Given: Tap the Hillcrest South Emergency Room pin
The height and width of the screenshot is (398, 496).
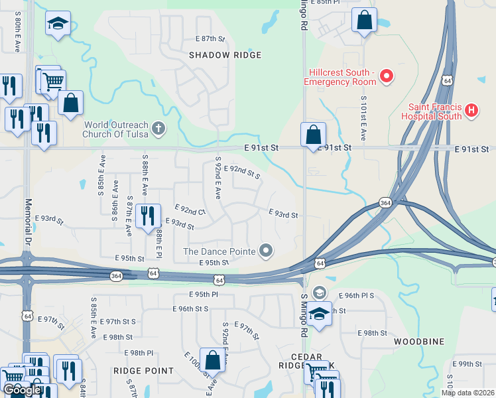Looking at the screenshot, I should (x=387, y=76).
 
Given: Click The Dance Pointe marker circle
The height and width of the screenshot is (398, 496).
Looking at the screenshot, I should (x=266, y=251).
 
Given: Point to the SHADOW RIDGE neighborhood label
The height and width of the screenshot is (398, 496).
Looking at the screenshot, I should (x=225, y=55).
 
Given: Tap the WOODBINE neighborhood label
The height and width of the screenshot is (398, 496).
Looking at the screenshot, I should (x=418, y=341).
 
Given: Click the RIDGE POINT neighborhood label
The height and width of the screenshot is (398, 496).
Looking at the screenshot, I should (x=143, y=371).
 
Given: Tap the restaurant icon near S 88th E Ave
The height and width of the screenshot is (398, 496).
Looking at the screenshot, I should (x=147, y=216).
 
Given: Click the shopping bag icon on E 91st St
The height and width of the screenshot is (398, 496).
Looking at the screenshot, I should (x=313, y=135).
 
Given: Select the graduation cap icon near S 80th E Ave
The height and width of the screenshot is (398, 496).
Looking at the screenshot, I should (x=58, y=24).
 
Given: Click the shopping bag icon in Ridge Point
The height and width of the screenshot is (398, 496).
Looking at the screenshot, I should (x=213, y=362).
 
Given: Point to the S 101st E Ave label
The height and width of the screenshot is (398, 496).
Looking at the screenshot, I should (x=363, y=117).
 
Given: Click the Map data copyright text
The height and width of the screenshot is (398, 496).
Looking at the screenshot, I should (x=467, y=393).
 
